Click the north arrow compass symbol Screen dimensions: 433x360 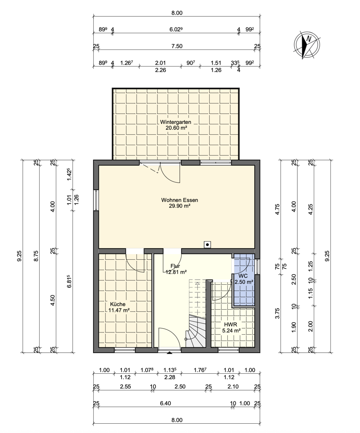pyautogui.click(x=307, y=45)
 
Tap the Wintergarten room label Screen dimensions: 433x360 pyautogui.click(x=175, y=122)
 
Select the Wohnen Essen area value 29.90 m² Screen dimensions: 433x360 pyautogui.click(x=179, y=206)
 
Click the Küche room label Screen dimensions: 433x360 pyautogui.click(x=118, y=304)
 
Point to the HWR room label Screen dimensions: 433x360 pyautogui.click(x=231, y=325)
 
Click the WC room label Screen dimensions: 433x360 pyautogui.click(x=243, y=276)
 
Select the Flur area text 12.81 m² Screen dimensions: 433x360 pyautogui.click(x=176, y=272)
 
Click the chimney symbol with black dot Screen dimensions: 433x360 pyautogui.click(x=207, y=245)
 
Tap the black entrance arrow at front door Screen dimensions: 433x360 pyautogui.click(x=169, y=353)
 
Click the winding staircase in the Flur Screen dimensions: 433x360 pyautogui.click(x=197, y=331)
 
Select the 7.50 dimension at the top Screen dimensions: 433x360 pyautogui.click(x=177, y=46)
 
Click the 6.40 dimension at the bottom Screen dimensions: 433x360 pyautogui.click(x=165, y=403)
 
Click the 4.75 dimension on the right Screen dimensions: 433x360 pyautogui.click(x=277, y=209)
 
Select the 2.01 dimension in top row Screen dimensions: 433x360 pyautogui.click(x=160, y=63)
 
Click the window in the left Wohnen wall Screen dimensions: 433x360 pyautogui.click(x=96, y=200)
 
